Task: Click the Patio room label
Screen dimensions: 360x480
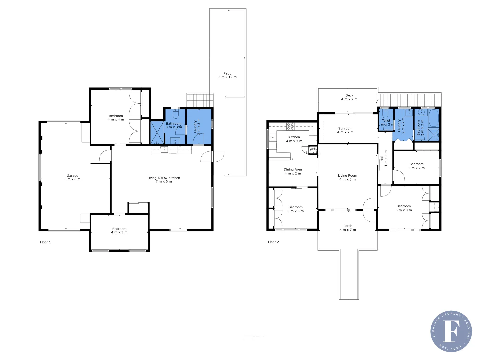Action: (228, 75)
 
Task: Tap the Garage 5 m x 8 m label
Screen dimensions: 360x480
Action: (72, 177)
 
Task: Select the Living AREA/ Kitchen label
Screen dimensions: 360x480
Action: (164, 180)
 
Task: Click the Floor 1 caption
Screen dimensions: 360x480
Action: (45, 242)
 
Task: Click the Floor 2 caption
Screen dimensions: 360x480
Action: (273, 242)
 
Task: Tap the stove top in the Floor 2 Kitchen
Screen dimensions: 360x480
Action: (290, 126)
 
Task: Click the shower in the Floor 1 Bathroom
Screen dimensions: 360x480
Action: (157, 132)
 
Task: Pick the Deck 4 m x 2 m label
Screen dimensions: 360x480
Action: (349, 97)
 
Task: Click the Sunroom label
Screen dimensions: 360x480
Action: (345, 130)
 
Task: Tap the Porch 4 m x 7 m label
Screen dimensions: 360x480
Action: (348, 228)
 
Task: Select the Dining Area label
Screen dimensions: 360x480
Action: (293, 171)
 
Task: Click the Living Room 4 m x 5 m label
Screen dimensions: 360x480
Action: (347, 177)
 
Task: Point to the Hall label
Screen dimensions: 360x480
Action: (384, 159)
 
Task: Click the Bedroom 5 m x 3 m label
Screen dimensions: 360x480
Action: (404, 208)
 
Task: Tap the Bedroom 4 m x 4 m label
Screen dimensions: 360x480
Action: (116, 118)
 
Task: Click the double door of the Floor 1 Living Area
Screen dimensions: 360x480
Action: (212, 156)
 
